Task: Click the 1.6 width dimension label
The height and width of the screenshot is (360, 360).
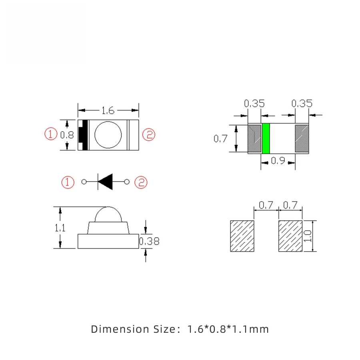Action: [108, 110]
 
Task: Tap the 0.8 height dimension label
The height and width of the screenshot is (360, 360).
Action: [67, 135]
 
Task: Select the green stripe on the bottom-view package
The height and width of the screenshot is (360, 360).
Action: [266, 138]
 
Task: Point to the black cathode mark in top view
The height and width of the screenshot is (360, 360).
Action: [84, 135]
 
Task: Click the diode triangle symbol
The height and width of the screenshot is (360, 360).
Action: [105, 182]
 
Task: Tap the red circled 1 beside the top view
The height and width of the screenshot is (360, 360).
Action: [51, 134]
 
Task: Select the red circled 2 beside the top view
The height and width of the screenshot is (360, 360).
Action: [149, 135]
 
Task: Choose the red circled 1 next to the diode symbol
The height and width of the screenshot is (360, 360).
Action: [68, 182]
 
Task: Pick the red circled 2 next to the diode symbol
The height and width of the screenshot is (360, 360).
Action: [141, 182]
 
